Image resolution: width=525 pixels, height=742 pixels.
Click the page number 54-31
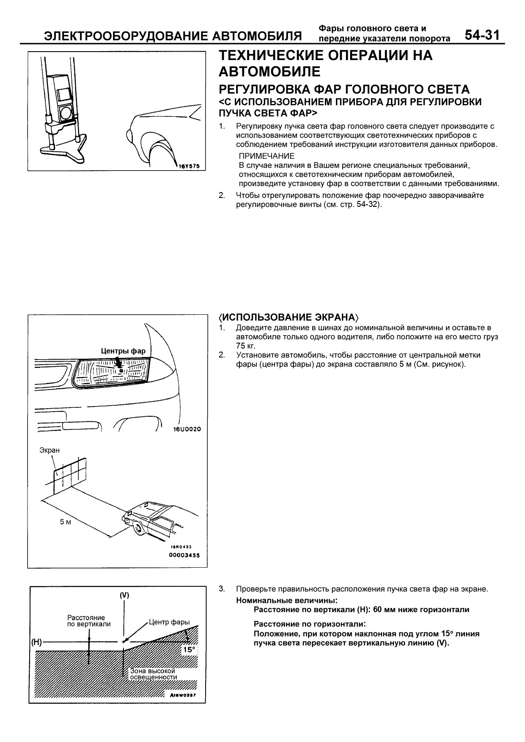click(482, 35)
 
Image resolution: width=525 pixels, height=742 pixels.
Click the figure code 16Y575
click(190, 165)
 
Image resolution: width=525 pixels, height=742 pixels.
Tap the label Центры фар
click(123, 351)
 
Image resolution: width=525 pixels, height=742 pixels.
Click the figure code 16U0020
click(187, 429)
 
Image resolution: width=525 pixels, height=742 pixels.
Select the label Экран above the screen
click(49, 450)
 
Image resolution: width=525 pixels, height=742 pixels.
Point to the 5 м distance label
click(66, 522)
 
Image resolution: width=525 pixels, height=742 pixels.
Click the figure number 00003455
click(184, 555)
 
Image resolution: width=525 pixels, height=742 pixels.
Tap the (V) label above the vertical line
click(124, 595)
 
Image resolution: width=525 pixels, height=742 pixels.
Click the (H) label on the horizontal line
click(36, 642)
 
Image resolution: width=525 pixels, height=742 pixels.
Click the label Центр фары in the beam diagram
click(168, 622)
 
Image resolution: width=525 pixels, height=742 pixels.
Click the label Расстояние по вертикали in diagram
click(89, 621)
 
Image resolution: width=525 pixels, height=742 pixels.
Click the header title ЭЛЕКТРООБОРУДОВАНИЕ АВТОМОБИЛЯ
click(173, 36)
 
